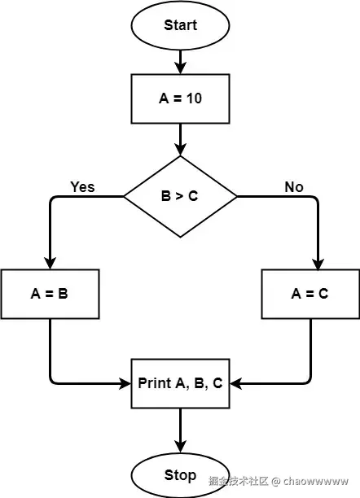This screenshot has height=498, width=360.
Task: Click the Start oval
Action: click(x=180, y=25)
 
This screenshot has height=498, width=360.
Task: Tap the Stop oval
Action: click(x=180, y=475)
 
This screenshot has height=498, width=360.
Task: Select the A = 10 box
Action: click(x=180, y=98)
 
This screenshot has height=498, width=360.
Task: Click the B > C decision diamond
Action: click(x=180, y=197)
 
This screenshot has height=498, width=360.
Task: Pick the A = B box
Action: click(x=50, y=294)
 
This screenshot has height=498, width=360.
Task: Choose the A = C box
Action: click(x=310, y=294)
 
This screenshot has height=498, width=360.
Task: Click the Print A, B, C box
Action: click(x=180, y=383)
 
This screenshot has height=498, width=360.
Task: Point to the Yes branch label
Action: click(x=83, y=187)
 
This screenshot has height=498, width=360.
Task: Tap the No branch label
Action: click(x=294, y=187)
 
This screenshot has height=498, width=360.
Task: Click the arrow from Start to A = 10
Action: click(x=180, y=62)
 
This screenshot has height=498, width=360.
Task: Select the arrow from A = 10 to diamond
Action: click(x=180, y=140)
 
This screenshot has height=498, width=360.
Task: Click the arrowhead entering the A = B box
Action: click(x=50, y=264)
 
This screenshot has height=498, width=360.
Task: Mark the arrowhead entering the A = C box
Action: click(x=318, y=264)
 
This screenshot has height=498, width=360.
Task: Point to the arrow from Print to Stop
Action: click(x=180, y=430)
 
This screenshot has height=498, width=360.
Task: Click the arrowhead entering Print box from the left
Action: click(x=125, y=383)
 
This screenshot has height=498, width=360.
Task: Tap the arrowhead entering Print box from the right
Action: click(x=236, y=383)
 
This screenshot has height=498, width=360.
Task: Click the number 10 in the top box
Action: click(x=194, y=98)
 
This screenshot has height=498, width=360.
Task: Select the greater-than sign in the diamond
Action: click(x=180, y=197)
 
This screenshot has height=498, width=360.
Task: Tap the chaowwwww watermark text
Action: click(x=316, y=481)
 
